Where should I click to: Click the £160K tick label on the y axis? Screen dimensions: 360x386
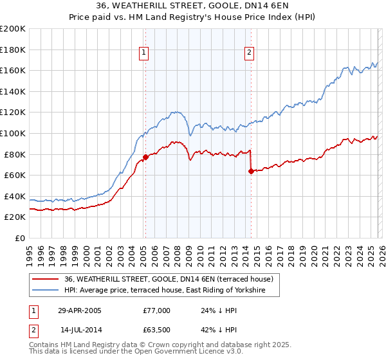click(13, 70)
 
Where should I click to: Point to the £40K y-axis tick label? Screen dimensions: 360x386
click(15, 196)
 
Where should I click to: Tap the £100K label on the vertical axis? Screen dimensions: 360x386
click(13, 133)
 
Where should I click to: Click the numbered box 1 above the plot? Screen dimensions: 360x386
click(143, 53)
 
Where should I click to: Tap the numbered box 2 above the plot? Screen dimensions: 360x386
click(249, 53)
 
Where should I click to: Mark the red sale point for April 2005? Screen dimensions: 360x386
click(146, 156)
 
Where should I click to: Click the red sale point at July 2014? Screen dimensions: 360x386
click(250, 171)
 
